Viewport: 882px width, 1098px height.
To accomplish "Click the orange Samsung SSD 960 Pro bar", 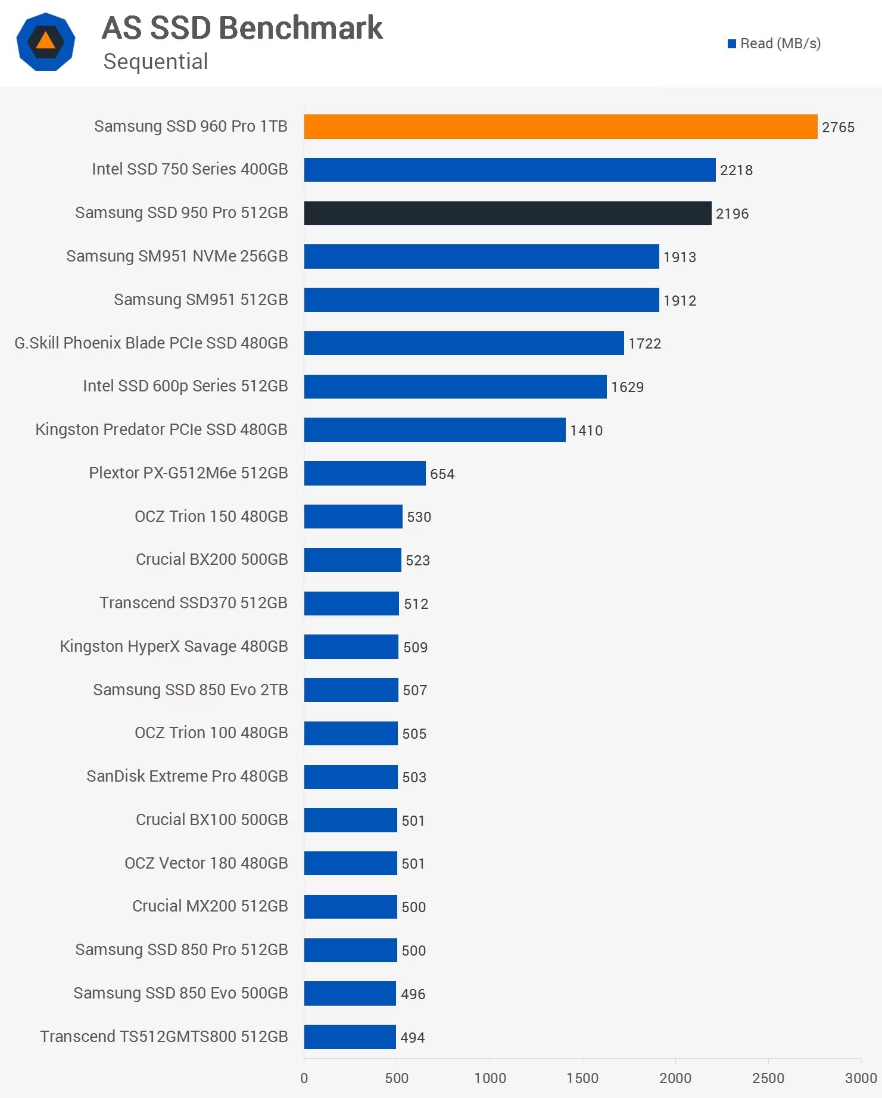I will click(560, 126).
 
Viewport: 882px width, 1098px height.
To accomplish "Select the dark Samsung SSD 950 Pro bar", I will click(507, 213).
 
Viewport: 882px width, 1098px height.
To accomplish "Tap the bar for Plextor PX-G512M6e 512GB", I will click(364, 473).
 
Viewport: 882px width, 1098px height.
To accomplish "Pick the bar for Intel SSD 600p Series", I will click(455, 387).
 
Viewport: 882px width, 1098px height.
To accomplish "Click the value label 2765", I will click(838, 127).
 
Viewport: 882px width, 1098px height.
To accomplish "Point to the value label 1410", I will click(586, 430).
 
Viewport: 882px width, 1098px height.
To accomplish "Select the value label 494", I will click(412, 1037).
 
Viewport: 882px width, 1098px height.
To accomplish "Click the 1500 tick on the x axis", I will click(582, 1078).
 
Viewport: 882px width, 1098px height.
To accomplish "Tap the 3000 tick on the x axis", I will click(861, 1078).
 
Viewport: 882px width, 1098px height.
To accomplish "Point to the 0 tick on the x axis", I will click(304, 1078).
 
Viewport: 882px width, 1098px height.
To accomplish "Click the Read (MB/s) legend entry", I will click(774, 43).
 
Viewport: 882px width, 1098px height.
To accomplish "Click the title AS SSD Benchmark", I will click(242, 28).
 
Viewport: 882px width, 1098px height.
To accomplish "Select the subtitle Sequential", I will click(155, 61).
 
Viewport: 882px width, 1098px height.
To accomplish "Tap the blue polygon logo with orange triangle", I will click(46, 42).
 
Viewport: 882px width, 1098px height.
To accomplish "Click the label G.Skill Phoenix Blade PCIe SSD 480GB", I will click(151, 343).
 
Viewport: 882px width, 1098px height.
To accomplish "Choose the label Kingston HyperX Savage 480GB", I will click(173, 646).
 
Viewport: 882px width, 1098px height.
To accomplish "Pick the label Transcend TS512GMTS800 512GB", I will click(164, 1037).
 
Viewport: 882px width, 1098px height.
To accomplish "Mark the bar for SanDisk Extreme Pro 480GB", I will click(350, 777).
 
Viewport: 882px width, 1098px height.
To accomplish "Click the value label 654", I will click(442, 474).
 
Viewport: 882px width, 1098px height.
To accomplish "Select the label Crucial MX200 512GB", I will click(210, 906).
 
